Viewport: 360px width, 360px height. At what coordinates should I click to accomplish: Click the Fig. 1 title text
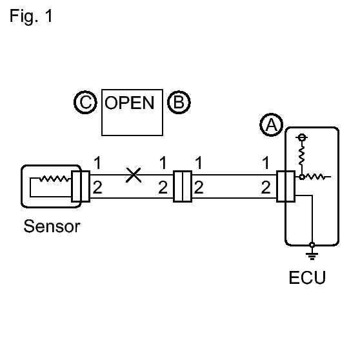(x=31, y=16)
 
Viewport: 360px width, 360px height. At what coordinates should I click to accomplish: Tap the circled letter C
(x=85, y=102)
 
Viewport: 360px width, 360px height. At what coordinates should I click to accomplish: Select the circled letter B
(x=179, y=102)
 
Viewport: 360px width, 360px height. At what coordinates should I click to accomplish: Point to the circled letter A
(x=271, y=125)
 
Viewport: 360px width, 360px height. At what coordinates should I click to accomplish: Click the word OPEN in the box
(x=129, y=103)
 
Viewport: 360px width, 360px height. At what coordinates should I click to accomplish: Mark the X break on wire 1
(x=134, y=175)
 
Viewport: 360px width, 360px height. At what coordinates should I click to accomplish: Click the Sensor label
(x=52, y=226)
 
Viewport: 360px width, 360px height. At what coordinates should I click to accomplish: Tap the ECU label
(x=307, y=277)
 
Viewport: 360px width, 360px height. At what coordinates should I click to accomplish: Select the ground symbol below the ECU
(x=312, y=255)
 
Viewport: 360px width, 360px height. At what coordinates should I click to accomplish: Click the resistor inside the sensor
(x=54, y=179)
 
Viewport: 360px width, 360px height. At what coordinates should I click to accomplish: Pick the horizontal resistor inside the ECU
(x=315, y=177)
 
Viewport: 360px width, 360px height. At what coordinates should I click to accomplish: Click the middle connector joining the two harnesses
(x=183, y=186)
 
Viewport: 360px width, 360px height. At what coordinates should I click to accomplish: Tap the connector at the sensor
(x=81, y=186)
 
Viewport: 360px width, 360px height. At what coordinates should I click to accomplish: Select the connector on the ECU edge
(x=286, y=186)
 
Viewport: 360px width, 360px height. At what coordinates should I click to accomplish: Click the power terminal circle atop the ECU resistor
(x=302, y=137)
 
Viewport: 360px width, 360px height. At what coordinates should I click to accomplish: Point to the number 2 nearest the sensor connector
(x=97, y=187)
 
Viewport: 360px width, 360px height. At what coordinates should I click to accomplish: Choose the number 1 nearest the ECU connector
(x=266, y=163)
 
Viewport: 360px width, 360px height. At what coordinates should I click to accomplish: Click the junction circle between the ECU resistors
(x=302, y=177)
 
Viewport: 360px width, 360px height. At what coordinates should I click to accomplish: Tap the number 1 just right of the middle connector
(x=199, y=163)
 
